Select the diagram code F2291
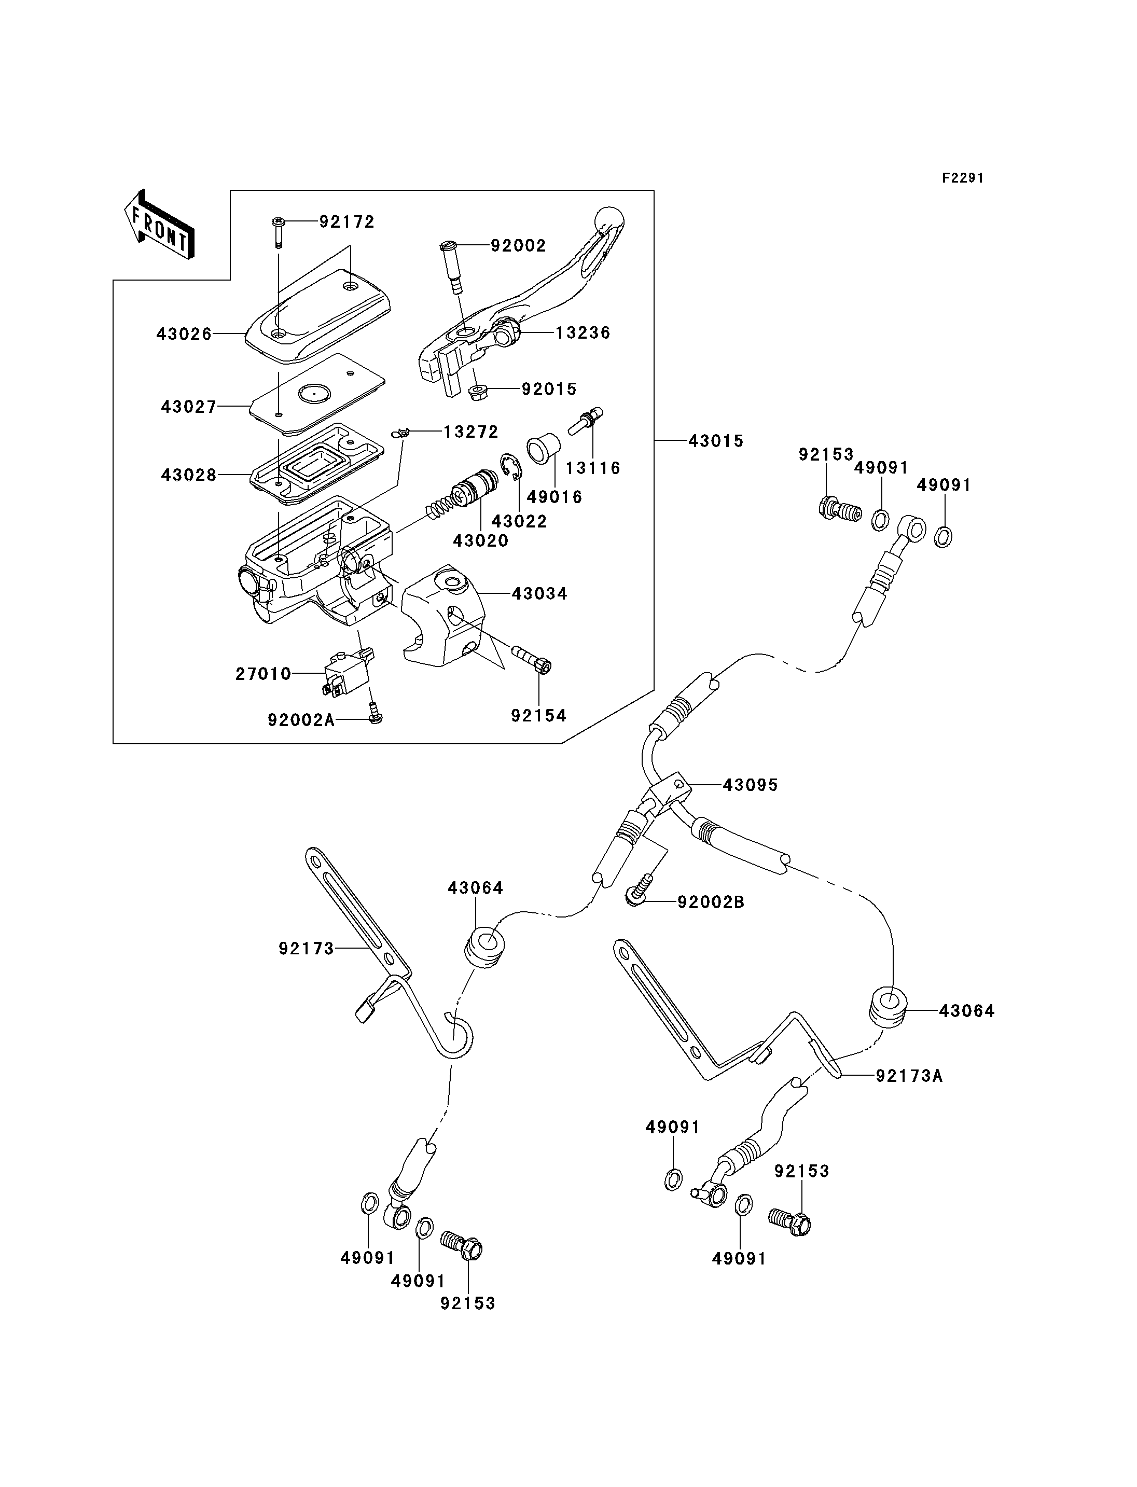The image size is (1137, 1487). pos(963,178)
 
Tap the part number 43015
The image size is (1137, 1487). pos(715,441)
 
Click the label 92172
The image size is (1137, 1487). pos(346,222)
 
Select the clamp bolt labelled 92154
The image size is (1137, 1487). pos(532,659)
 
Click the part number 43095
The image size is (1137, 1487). pos(750,785)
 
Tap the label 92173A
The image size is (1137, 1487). pos(909,1076)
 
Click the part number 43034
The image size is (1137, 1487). pos(539,593)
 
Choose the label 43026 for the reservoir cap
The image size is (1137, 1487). pos(184,333)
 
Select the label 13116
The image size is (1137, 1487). pos(593,468)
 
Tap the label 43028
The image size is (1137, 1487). pos(189,475)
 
